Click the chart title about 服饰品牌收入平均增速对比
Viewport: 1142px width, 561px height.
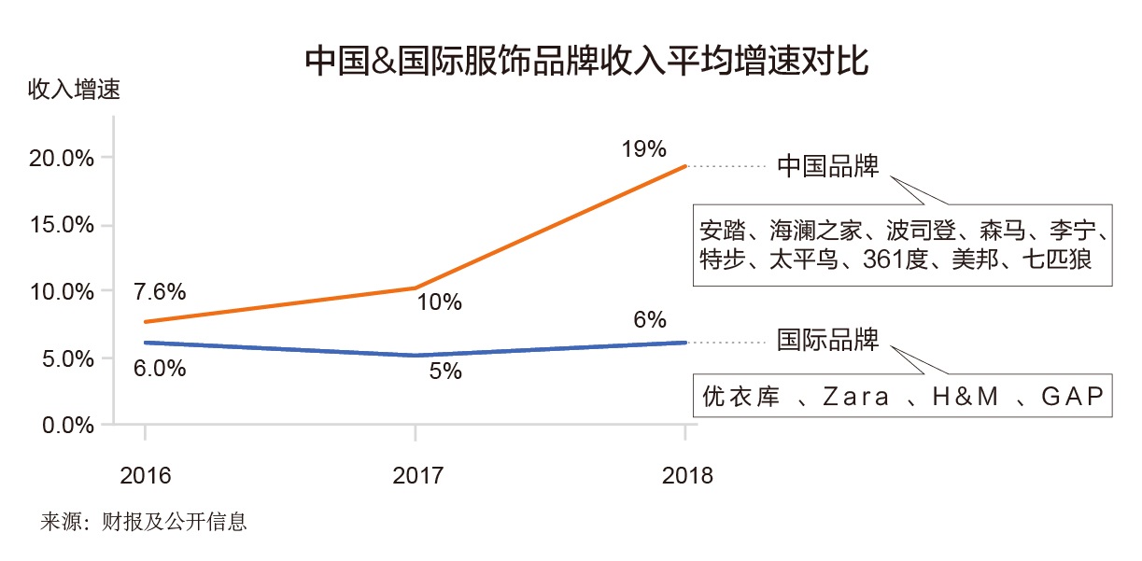point(587,62)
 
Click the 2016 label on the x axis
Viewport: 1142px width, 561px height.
point(146,475)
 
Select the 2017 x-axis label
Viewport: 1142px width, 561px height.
point(417,475)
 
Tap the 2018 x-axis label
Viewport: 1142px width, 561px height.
point(687,475)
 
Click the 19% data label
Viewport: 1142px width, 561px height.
point(643,149)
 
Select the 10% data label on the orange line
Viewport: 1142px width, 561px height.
point(440,303)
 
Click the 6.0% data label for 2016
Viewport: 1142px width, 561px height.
point(160,369)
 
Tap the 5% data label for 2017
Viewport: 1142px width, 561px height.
point(445,372)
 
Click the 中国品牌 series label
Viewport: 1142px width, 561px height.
point(827,167)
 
